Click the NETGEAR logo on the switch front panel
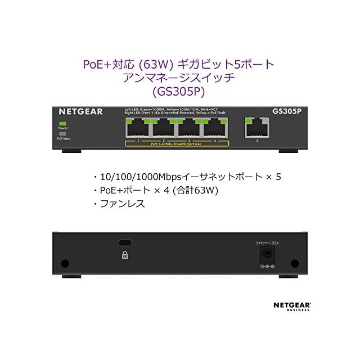point(81,111)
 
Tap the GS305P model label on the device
point(287,111)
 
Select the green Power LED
point(62,123)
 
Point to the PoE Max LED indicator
point(62,132)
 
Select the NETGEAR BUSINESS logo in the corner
point(292,306)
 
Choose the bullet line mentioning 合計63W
point(157,191)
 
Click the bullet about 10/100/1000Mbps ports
point(186,177)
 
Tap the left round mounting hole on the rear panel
point(65,263)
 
